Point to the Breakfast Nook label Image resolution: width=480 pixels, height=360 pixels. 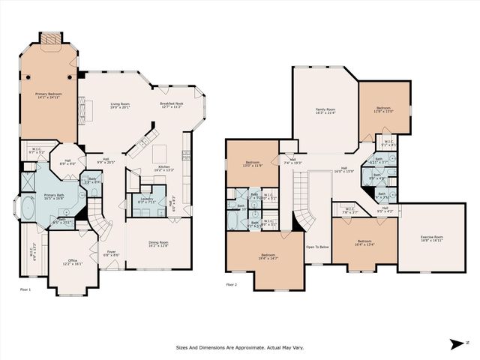pyautogui.click(x=171, y=105)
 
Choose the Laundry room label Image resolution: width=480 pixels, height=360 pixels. pyautogui.click(x=146, y=200)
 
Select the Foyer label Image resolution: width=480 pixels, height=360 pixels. pyautogui.click(x=109, y=253)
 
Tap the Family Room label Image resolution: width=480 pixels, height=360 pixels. pyautogui.click(x=324, y=111)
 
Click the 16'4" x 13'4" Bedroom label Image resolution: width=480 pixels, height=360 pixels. pyautogui.click(x=364, y=242)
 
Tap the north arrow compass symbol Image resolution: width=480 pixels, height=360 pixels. pyautogui.click(x=457, y=344)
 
